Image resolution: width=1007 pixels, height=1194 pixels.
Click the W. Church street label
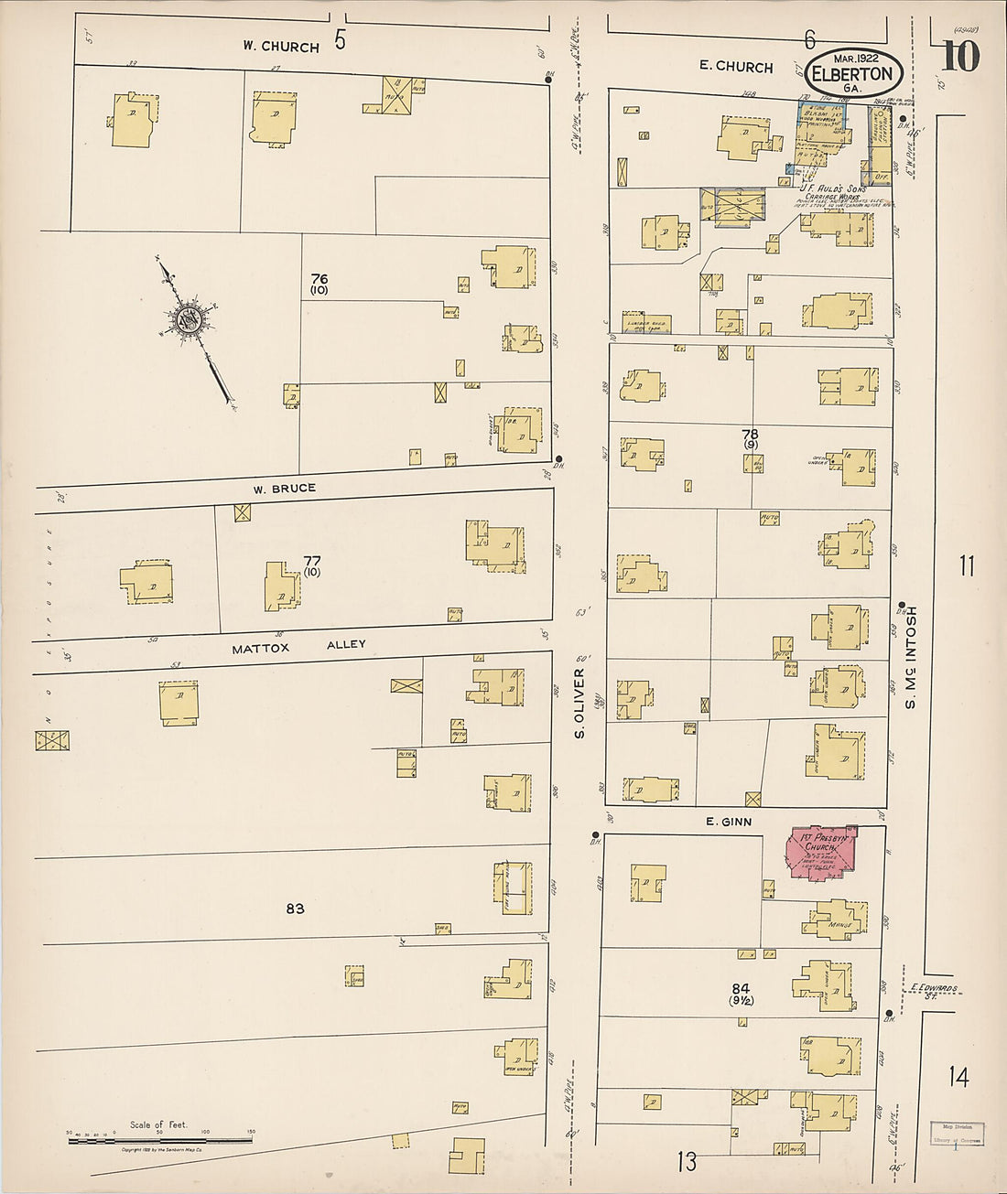[x=281, y=47]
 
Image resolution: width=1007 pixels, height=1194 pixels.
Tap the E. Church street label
[x=736, y=67]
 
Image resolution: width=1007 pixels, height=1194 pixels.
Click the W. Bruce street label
[x=285, y=489]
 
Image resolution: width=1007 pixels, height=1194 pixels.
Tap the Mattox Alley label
[x=298, y=646]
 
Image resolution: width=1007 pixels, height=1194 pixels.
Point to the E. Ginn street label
[x=729, y=822]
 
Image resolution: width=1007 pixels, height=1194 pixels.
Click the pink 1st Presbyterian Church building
[x=821, y=853]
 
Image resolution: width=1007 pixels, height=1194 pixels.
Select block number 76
[x=319, y=283]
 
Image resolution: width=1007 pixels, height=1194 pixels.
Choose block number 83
[x=295, y=909]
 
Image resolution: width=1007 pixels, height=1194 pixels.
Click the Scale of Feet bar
[x=160, y=1140]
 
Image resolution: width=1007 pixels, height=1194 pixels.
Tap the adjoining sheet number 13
[x=687, y=1162]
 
